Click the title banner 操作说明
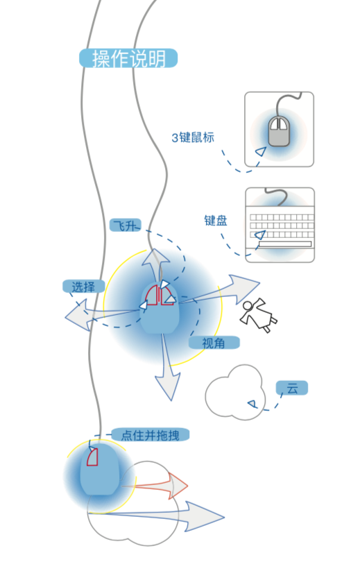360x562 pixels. [128, 58]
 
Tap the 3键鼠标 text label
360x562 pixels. [193, 137]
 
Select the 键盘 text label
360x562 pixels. [216, 221]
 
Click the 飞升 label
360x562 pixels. [125, 225]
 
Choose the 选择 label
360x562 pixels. [83, 287]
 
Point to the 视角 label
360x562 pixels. [214, 343]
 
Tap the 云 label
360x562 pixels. [292, 388]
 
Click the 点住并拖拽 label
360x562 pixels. [150, 435]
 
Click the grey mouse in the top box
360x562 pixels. [279, 131]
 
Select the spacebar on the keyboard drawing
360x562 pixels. [285, 244]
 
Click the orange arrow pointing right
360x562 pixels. [155, 486]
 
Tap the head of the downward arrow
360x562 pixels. [168, 387]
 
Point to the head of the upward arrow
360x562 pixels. [155, 257]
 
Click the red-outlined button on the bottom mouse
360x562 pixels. [92, 457]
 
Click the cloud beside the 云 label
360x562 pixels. [235, 393]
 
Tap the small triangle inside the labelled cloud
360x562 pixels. [252, 405]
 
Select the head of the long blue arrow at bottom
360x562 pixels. [205, 516]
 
